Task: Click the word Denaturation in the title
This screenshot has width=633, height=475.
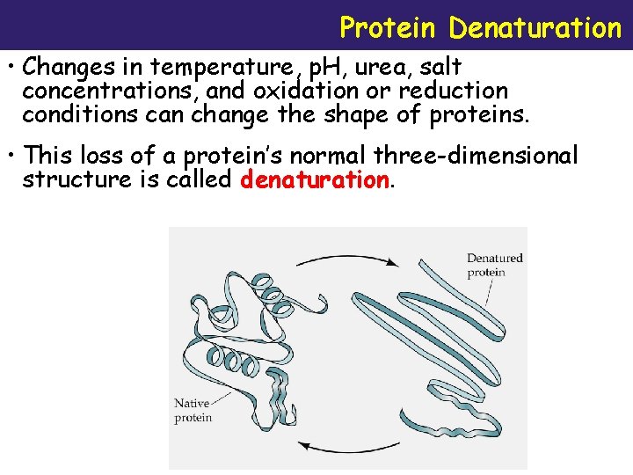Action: (535, 28)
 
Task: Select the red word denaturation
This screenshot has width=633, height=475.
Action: (314, 180)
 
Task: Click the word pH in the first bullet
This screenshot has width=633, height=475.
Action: (322, 68)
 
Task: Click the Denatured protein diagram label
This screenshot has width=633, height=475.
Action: (494, 265)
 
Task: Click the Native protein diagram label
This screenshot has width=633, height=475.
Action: (193, 410)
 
